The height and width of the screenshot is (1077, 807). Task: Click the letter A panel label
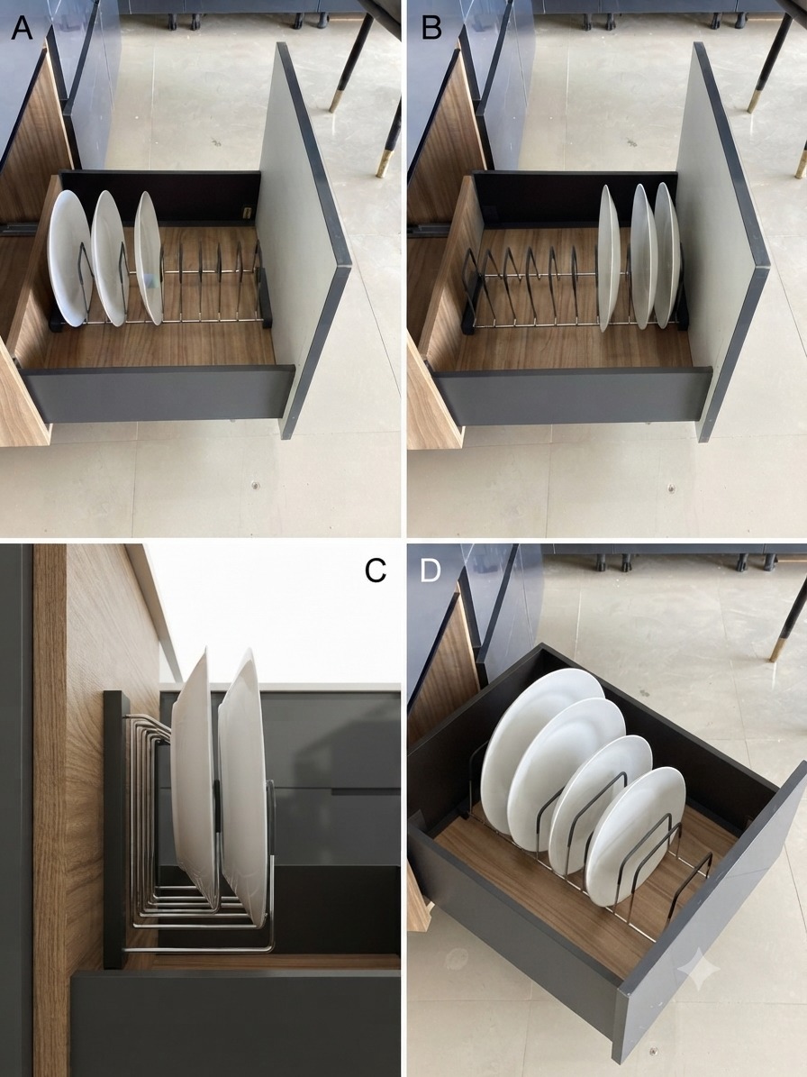(x=22, y=29)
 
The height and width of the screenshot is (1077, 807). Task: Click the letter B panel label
(x=431, y=29)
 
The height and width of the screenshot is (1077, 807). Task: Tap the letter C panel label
(x=376, y=570)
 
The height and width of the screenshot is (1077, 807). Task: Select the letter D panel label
(x=430, y=570)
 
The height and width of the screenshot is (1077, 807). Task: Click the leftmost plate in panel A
(x=69, y=259)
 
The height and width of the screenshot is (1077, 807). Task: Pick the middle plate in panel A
(x=110, y=258)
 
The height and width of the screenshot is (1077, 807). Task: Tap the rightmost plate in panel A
(x=149, y=258)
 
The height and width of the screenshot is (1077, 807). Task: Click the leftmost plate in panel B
(x=609, y=258)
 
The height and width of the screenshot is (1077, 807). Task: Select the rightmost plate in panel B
(x=666, y=255)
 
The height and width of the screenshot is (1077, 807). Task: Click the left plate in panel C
(x=195, y=776)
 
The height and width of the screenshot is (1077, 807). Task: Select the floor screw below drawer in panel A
(x=255, y=485)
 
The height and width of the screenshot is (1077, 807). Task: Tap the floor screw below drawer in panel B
(x=670, y=488)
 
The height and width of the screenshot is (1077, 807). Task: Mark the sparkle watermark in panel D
(x=699, y=969)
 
